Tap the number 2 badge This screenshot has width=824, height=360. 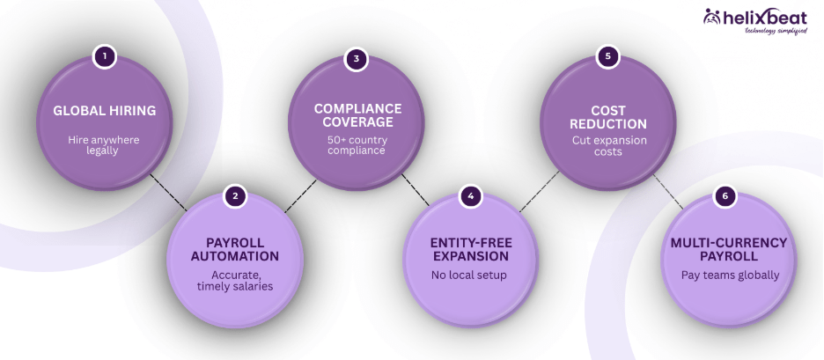pos(235,195)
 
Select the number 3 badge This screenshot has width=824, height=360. pos(357,59)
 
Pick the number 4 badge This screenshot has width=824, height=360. pos(470,195)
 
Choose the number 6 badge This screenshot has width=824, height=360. pos(725,195)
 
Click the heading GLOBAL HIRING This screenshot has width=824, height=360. pos(105,111)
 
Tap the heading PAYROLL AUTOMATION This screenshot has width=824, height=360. pos(235,249)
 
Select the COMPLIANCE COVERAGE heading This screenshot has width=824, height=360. pos(357,116)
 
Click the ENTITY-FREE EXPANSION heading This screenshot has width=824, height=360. pos(470,249)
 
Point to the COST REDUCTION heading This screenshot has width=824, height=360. pos(607,116)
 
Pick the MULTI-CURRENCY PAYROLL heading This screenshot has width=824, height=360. pos(725,249)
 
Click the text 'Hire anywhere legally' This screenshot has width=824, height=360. pos(105,145)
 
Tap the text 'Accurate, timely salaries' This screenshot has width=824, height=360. pos(235,280)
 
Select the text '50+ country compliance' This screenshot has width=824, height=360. pos(357,144)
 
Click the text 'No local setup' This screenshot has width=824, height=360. pos(470,275)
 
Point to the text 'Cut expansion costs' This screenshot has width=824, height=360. pos(607,145)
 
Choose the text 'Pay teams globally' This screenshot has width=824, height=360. pos(725,275)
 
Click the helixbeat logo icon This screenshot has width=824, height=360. pos(712,17)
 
